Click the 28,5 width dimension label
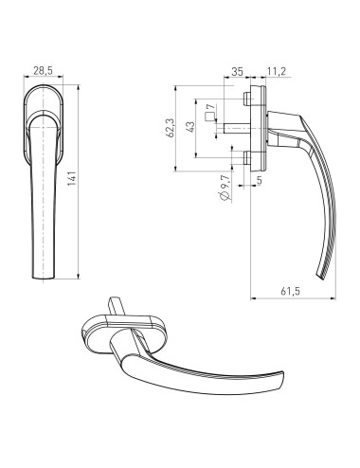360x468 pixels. coord(43,71)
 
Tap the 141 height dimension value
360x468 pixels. coord(72,179)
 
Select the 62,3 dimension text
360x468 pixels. coord(171,127)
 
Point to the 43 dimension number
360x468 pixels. coord(190,127)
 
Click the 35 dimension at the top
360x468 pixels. coord(238,72)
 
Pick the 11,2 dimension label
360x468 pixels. coord(277,71)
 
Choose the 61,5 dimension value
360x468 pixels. coord(291,291)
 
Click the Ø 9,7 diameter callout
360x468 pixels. coord(225,188)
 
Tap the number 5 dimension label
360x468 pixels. coord(260,180)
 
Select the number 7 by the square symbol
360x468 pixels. coord(212,106)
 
